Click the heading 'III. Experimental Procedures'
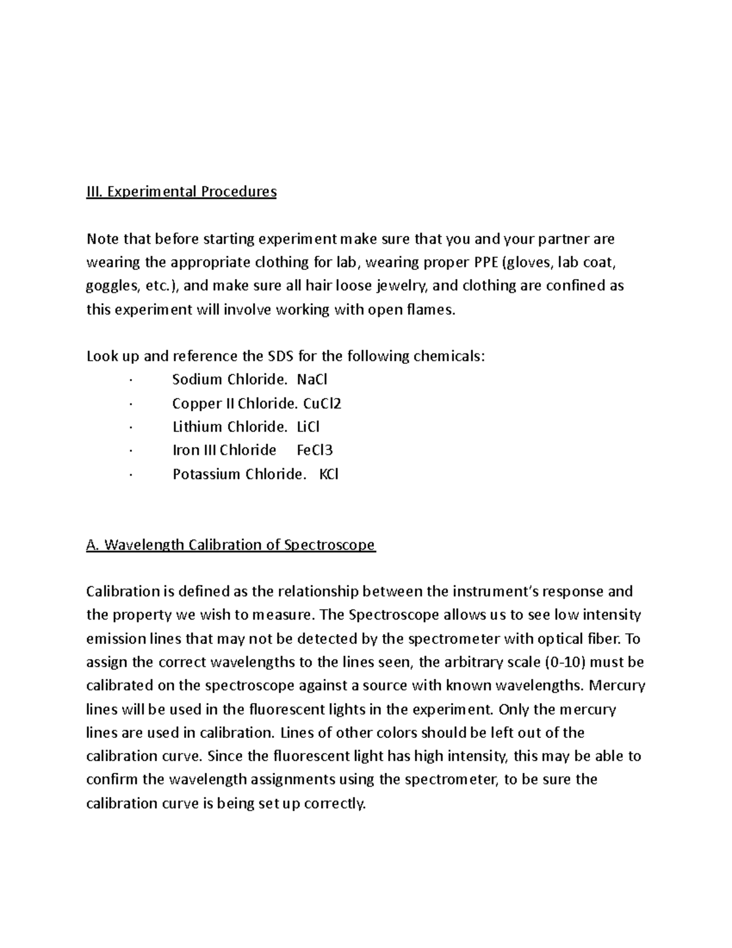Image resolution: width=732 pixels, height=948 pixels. tap(181, 192)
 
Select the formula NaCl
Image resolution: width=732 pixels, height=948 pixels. tap(312, 380)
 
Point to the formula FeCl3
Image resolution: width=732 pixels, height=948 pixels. tap(315, 450)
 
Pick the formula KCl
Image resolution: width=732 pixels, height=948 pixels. tap(329, 474)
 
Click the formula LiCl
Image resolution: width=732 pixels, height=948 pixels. tap(307, 427)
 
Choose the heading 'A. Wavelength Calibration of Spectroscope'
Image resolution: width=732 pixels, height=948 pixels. tap(231, 545)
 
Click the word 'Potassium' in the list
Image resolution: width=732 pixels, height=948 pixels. tap(206, 474)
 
